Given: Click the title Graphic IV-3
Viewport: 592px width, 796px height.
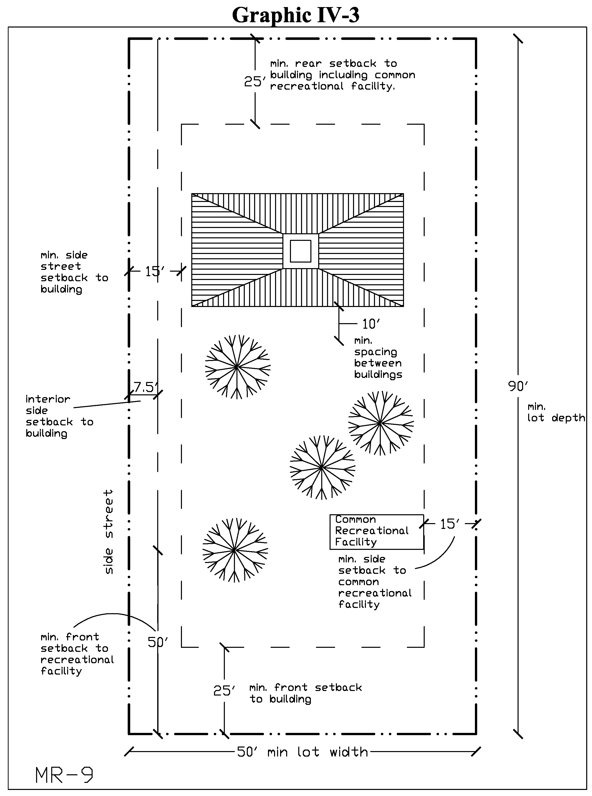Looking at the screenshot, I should (x=296, y=15).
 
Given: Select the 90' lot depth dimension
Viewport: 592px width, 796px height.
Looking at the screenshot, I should (x=518, y=386).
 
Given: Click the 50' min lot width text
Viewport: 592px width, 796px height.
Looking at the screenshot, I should (x=303, y=752).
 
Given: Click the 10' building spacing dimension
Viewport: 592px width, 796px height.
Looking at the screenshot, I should (x=370, y=324).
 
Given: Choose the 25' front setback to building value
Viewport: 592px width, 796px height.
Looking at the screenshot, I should (x=224, y=690).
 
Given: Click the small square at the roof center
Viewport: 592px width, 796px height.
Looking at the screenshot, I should (x=300, y=251).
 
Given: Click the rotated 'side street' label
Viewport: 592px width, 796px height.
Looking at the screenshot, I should (x=108, y=532).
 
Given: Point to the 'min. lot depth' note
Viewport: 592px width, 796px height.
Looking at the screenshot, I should (x=555, y=412).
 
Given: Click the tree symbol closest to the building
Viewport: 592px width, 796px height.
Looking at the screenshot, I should (x=237, y=367).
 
